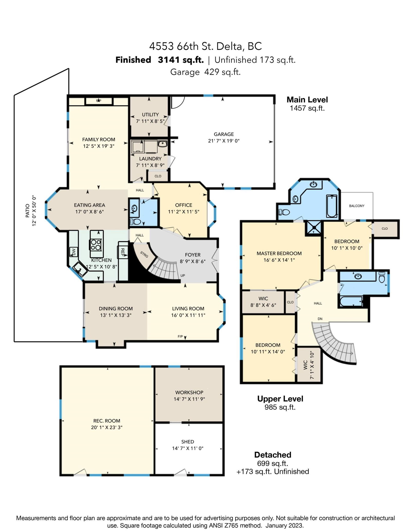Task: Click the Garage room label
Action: point(224,134)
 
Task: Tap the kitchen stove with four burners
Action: point(96,245)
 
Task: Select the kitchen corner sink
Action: point(80,269)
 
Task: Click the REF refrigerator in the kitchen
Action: point(123,253)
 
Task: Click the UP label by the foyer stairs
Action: point(183,276)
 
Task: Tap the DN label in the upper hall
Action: point(320,319)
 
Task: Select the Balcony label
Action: point(357,206)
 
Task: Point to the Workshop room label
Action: point(189,392)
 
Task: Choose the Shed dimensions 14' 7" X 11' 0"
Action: point(188,448)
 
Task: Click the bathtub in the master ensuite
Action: point(332,206)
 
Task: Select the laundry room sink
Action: point(163,144)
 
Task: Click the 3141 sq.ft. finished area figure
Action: point(181,60)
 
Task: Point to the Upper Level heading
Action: point(280,399)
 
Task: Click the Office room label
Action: point(184,205)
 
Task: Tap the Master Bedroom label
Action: point(279,253)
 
